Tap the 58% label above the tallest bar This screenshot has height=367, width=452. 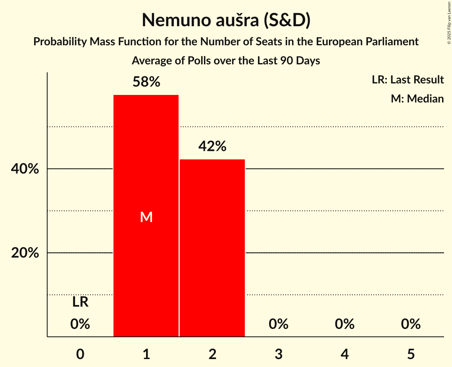point(146,82)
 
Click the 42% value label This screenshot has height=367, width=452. point(212,147)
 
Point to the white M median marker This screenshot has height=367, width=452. point(146,217)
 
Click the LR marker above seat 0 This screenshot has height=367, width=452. point(80,302)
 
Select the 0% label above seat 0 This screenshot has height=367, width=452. point(80,324)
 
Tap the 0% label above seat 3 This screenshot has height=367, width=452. point(278,324)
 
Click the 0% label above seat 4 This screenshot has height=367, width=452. point(344,324)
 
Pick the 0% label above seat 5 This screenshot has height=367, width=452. point(410,324)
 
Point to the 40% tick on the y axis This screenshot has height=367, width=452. point(25,169)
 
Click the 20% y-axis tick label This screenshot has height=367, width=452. point(25,253)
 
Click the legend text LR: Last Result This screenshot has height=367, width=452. point(408,80)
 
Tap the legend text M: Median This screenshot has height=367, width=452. point(417,99)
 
